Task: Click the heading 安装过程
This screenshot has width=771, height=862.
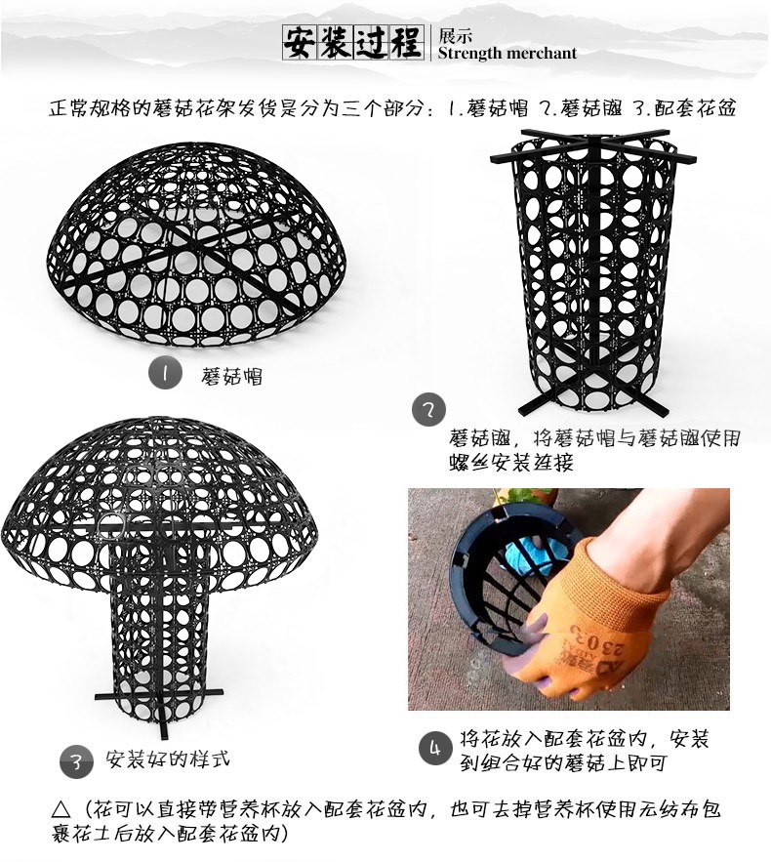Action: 352,43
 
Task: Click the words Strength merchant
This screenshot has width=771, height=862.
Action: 507,54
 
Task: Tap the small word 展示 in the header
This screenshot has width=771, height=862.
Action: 455,36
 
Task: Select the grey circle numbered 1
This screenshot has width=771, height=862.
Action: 165,373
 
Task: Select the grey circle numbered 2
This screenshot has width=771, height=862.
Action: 428,410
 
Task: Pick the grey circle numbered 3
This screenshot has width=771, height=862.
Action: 76,762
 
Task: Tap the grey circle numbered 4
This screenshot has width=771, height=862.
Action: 435,748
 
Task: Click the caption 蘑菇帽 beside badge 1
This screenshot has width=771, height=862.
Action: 231,377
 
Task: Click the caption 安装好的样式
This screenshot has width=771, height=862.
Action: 168,759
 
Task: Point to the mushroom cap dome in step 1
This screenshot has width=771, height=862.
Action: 196,247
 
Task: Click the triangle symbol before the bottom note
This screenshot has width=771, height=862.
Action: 61,809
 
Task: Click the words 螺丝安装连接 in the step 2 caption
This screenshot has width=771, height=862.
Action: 511,463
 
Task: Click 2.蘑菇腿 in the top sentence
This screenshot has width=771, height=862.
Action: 581,108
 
